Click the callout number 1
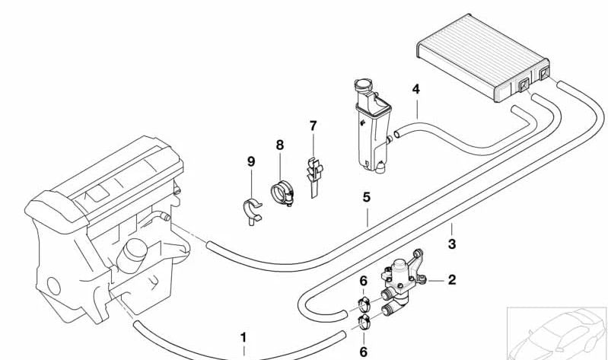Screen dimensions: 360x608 point(244,336)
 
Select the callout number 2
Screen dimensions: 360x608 point(452,280)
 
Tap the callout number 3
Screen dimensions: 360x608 point(452,244)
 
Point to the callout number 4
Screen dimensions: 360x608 point(415,90)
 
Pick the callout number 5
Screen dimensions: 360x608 point(366,197)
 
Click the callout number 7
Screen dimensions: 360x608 point(313,125)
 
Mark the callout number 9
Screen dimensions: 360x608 point(250,161)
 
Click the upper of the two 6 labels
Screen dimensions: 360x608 point(364,282)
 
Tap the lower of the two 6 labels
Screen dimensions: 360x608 point(364,352)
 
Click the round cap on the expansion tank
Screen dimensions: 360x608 point(361,86)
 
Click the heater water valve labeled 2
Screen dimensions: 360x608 point(403,279)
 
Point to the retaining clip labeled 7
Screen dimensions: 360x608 point(313,171)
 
